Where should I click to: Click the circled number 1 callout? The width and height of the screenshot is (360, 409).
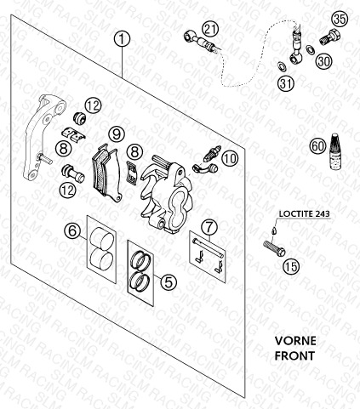click(x=122, y=40)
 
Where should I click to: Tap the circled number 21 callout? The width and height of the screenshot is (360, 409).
click(x=210, y=30)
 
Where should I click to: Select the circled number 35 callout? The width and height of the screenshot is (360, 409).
click(x=340, y=20)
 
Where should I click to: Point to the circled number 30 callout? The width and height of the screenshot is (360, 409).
click(x=323, y=61)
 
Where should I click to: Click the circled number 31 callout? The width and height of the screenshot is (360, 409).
click(x=286, y=83)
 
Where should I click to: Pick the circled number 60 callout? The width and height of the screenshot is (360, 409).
click(x=317, y=146)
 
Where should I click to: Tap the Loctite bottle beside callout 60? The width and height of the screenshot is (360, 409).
click(x=335, y=152)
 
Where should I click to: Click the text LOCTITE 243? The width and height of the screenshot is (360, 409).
click(x=305, y=213)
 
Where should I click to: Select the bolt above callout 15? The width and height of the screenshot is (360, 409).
click(x=274, y=248)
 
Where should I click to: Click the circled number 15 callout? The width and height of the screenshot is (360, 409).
click(x=292, y=266)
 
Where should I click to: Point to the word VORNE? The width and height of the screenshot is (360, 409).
click(x=295, y=341)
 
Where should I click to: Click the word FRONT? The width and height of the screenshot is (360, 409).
click(x=294, y=355)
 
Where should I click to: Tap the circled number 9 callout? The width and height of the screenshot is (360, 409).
click(x=117, y=134)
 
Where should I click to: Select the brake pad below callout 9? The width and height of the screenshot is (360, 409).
click(x=108, y=172)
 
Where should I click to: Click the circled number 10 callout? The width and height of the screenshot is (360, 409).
click(x=230, y=158)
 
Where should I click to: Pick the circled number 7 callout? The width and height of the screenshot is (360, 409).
click(x=209, y=227)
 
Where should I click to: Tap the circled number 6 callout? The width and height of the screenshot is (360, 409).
click(x=72, y=231)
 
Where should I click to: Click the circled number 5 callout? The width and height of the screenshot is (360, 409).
click(x=169, y=282)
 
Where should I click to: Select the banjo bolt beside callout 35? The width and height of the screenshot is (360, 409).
click(x=330, y=37)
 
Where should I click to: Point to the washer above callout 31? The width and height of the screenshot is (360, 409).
click(x=282, y=66)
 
